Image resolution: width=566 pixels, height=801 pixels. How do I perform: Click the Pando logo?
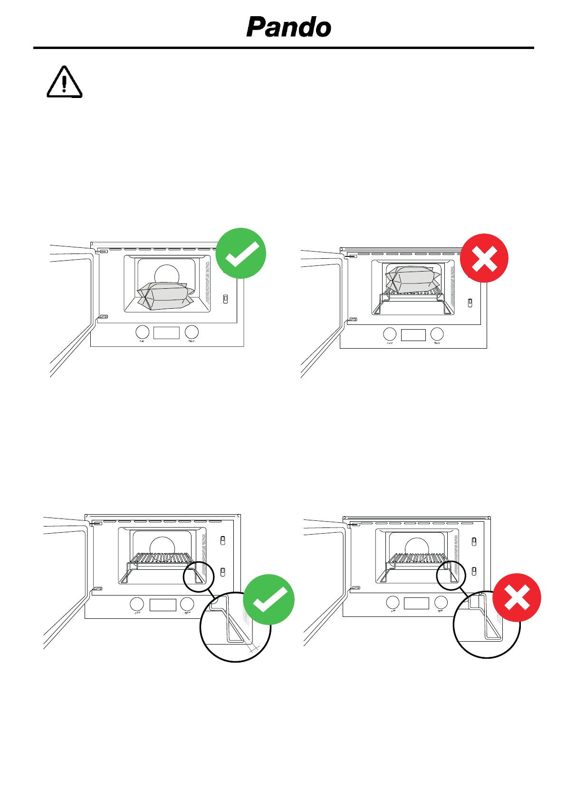289,27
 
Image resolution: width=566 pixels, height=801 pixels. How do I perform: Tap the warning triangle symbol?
64,82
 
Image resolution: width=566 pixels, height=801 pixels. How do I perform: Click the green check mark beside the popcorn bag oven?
241,253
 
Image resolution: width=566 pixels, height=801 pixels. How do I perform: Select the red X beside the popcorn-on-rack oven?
484,258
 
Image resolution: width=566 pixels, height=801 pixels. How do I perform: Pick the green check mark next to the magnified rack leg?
269,599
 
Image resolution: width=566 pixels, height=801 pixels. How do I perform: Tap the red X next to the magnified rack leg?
517,597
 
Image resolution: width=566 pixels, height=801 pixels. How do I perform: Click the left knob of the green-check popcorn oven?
143,332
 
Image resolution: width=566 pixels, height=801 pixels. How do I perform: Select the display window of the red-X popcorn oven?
413,335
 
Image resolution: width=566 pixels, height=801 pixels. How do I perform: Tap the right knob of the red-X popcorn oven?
437,334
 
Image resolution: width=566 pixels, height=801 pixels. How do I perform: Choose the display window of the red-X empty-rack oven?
416,603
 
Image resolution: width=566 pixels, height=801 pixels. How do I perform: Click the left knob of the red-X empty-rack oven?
393,602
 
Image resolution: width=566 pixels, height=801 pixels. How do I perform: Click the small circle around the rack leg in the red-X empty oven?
451,575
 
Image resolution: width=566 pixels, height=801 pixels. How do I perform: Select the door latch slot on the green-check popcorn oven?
225,299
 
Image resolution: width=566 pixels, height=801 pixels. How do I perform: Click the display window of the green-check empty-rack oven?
163,605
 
